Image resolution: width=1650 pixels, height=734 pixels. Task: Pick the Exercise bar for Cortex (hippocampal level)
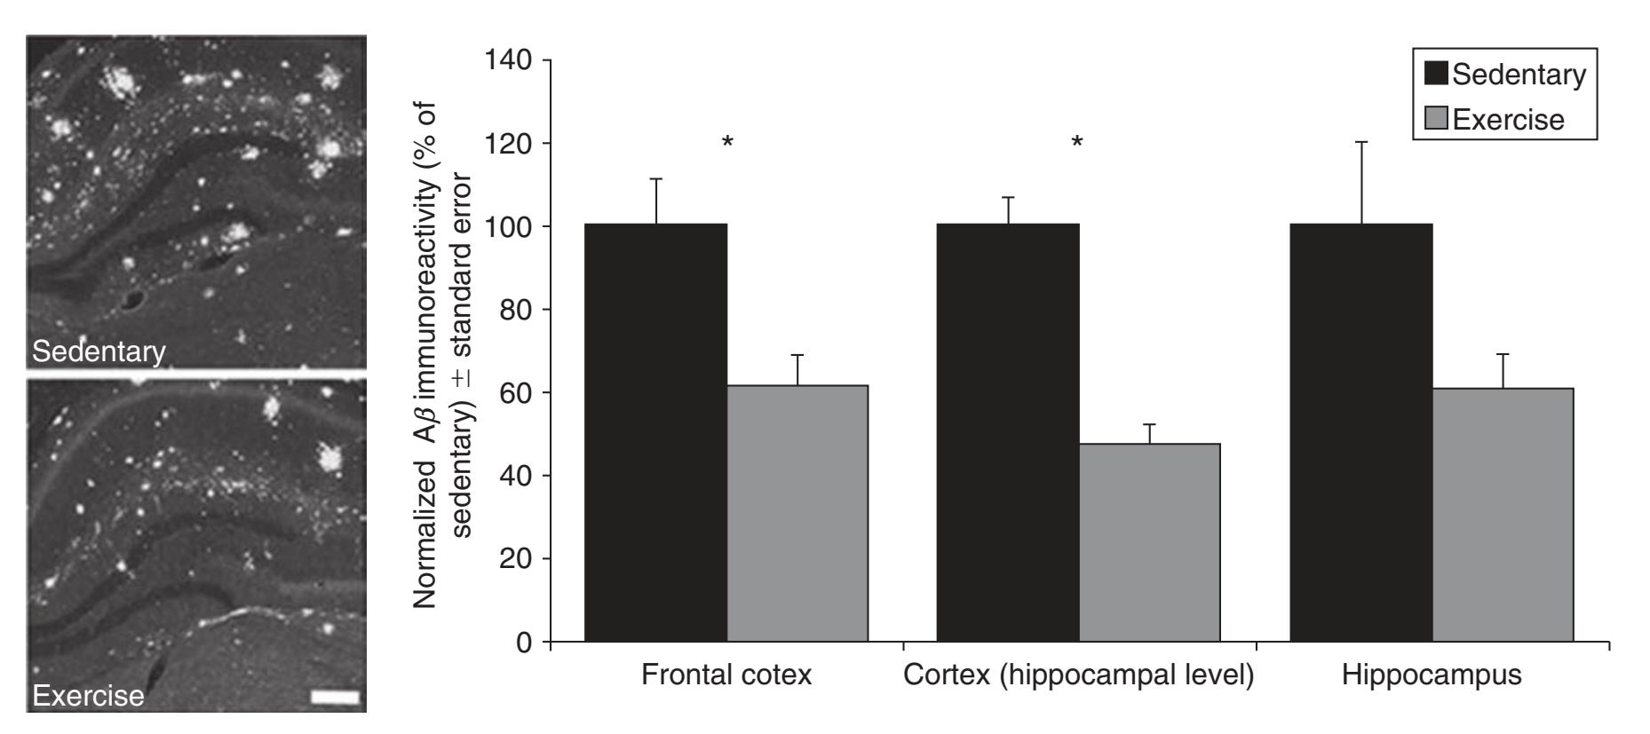coord(1149,542)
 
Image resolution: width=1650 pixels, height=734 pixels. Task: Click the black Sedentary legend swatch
coord(1436,74)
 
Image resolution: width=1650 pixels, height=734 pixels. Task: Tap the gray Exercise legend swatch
coord(1436,118)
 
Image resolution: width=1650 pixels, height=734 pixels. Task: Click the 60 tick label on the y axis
coord(515,392)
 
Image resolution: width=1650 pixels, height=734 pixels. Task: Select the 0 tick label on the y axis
coord(524,642)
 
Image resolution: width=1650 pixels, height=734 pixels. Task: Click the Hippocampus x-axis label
coord(1432,675)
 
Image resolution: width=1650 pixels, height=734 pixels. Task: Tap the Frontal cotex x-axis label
coord(726,675)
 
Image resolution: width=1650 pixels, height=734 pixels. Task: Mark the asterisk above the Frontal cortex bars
coord(727,142)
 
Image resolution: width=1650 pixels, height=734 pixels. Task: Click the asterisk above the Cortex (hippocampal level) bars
coord(1077,142)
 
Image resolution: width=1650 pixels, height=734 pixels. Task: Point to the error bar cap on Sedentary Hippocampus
coord(1361,142)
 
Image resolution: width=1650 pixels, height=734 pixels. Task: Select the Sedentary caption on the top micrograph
coord(99,351)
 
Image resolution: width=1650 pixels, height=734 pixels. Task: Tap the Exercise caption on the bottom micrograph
coord(88,695)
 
